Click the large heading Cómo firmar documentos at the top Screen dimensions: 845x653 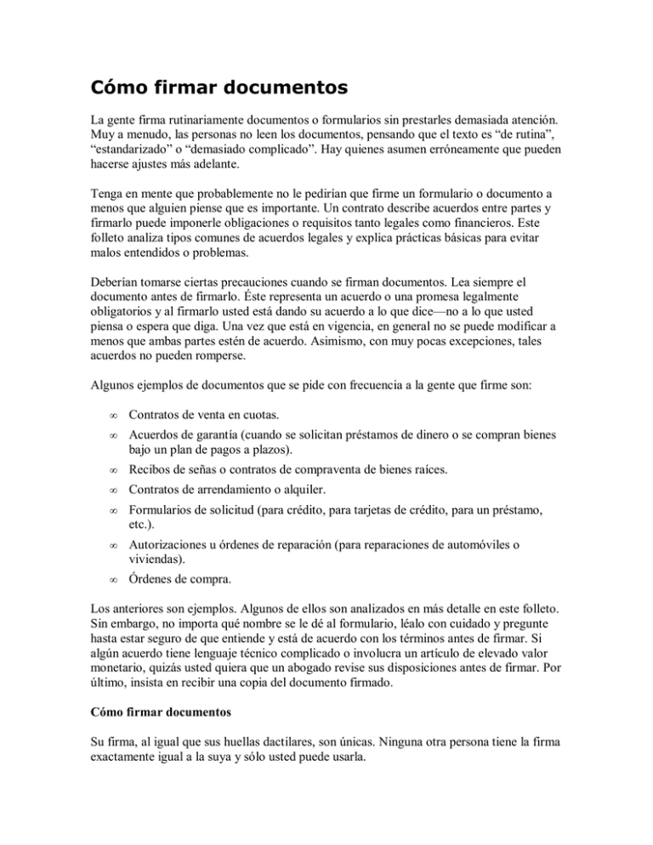click(223, 87)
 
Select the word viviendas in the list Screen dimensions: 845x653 click(156, 585)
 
